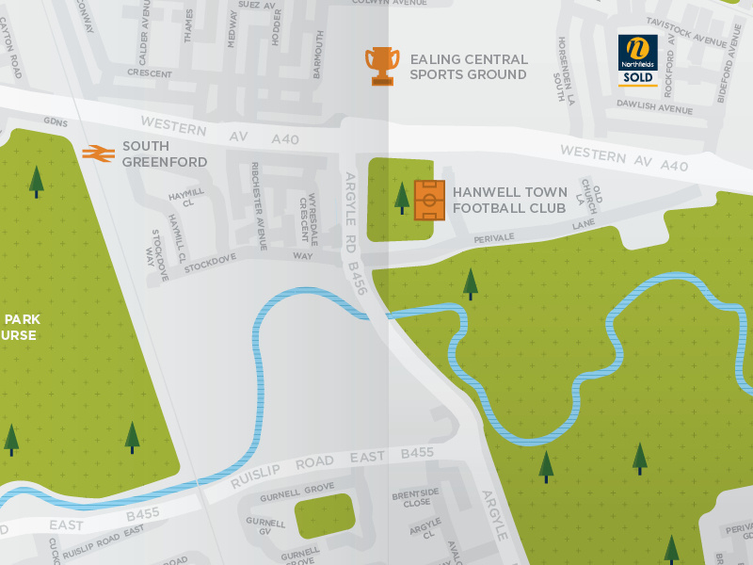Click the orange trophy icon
click(x=382, y=66)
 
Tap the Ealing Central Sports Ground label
click(x=469, y=67)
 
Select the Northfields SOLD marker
click(x=637, y=59)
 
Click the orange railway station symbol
click(x=98, y=153)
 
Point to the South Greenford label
click(x=164, y=154)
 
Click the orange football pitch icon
click(x=429, y=200)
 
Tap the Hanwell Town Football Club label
click(x=509, y=200)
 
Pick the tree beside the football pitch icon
click(x=402, y=197)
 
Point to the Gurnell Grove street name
click(x=296, y=495)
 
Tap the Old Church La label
click(x=588, y=196)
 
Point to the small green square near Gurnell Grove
click(x=325, y=516)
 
